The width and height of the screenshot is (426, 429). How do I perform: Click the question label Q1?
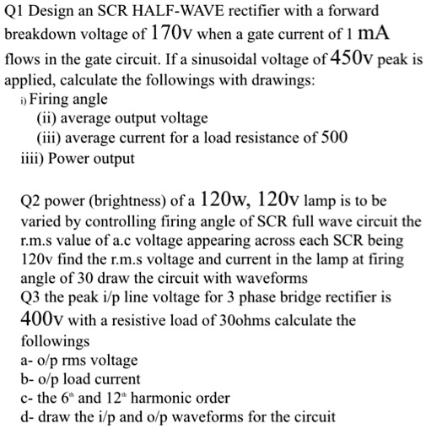[x=17, y=13]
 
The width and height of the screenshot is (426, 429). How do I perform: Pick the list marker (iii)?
[x=49, y=140]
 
